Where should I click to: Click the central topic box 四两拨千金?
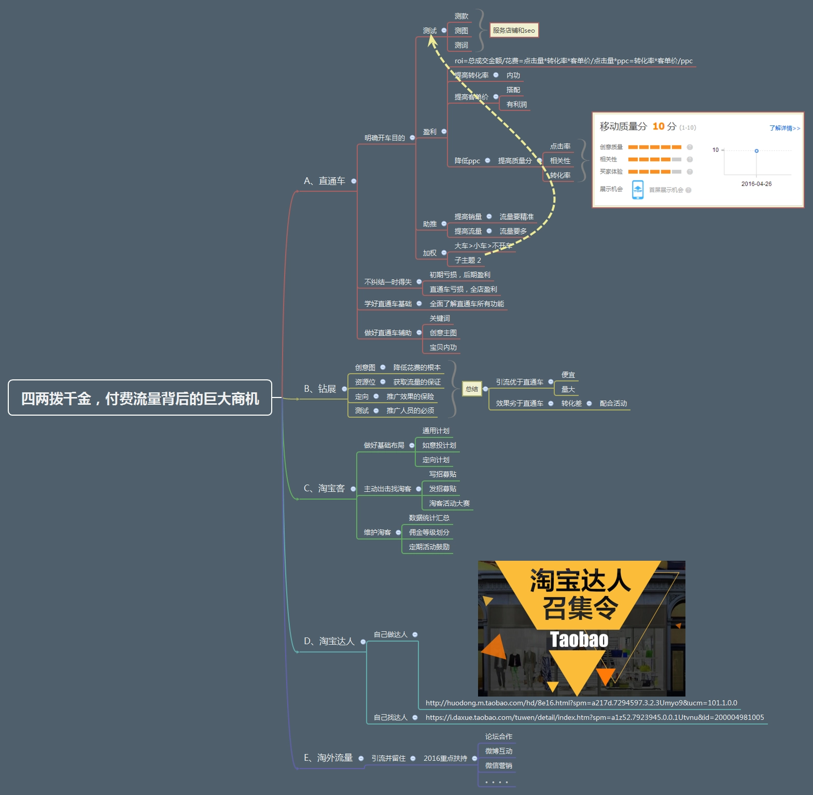point(140,398)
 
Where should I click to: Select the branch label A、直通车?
point(324,181)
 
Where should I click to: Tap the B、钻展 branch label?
point(320,389)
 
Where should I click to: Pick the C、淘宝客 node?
point(324,488)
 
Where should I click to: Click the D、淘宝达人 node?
point(329,642)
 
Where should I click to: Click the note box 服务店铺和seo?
point(514,31)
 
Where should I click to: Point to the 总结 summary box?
point(472,389)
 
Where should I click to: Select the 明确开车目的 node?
point(384,138)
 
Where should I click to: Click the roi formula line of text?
point(573,61)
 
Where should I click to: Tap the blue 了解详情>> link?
point(784,128)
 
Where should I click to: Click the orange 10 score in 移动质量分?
point(658,126)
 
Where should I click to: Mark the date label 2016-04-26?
point(756,184)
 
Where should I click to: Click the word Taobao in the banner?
point(579,640)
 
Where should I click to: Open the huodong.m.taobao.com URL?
point(581,703)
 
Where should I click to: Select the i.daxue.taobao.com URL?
point(595,718)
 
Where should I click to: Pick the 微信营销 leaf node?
point(498,765)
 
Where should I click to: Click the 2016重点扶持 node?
point(445,758)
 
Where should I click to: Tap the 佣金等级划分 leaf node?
point(429,532)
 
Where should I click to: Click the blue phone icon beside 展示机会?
point(638,190)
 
